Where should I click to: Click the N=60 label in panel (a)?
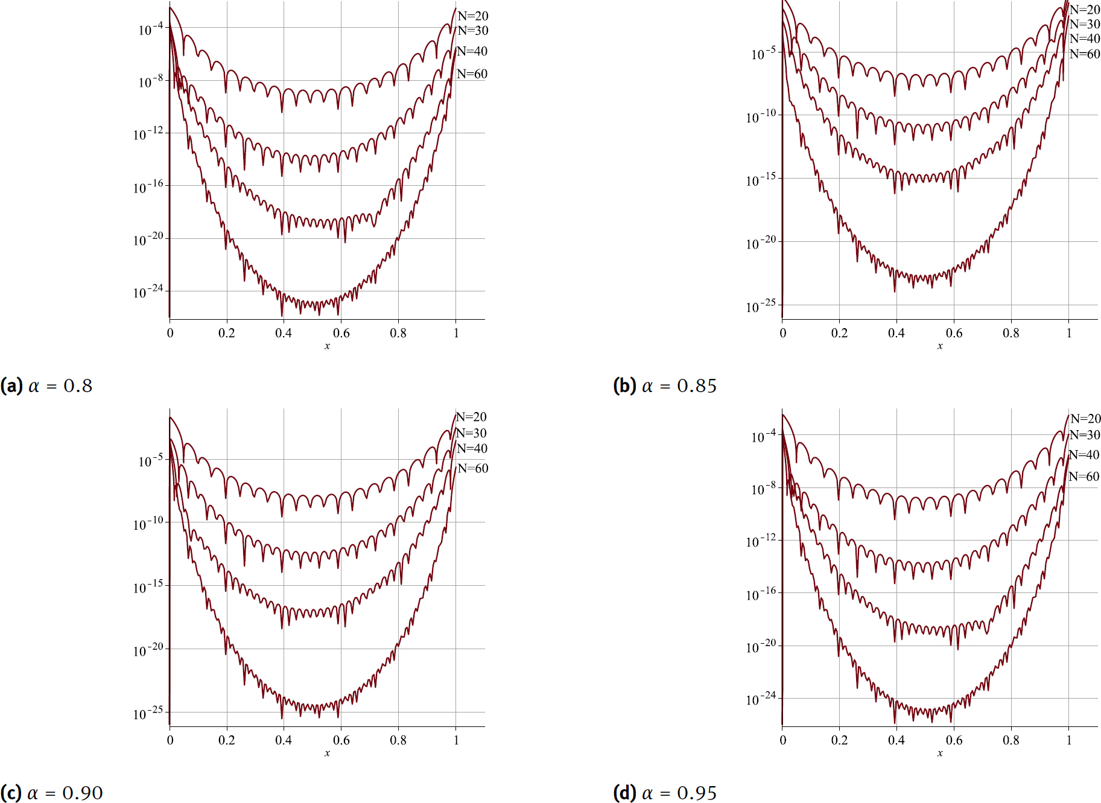472,74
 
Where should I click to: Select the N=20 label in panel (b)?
1085,10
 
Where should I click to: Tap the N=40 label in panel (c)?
472,449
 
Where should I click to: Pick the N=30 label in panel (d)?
1085,435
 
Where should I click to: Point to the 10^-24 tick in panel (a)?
148,293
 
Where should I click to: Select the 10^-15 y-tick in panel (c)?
148,587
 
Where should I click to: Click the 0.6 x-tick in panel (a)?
341,333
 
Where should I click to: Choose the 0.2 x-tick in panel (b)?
839,333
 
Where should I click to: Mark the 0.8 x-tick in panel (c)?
398,740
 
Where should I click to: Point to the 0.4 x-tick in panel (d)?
896,740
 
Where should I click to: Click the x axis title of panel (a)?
327,346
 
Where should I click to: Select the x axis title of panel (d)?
940,754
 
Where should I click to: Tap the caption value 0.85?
697,386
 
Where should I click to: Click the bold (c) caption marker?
11,793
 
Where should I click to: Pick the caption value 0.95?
697,793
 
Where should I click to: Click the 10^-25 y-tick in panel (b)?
761,306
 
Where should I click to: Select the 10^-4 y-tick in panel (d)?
763,436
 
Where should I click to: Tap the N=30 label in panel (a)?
472,31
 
